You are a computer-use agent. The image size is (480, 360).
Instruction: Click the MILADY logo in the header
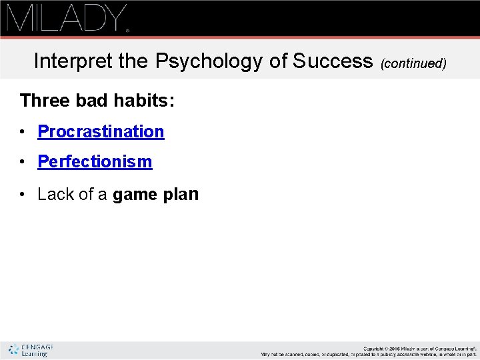click(x=67, y=18)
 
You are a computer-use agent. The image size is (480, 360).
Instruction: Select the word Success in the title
click(x=333, y=61)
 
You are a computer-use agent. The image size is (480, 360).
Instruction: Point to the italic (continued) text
click(x=413, y=64)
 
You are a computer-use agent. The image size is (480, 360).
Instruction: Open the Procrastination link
click(x=101, y=131)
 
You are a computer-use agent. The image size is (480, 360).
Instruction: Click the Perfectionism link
click(x=95, y=161)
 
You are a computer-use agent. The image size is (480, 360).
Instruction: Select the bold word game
click(x=135, y=195)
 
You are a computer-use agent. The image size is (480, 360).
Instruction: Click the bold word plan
click(x=181, y=194)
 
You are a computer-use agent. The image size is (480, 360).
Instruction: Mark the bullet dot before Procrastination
click(x=23, y=132)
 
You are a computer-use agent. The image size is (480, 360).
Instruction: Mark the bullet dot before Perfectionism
click(x=23, y=162)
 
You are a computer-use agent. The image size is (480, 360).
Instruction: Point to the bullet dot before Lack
click(x=23, y=195)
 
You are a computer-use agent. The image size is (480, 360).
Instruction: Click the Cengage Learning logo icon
click(x=13, y=349)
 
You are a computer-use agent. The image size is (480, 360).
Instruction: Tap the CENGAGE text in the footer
click(x=37, y=347)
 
